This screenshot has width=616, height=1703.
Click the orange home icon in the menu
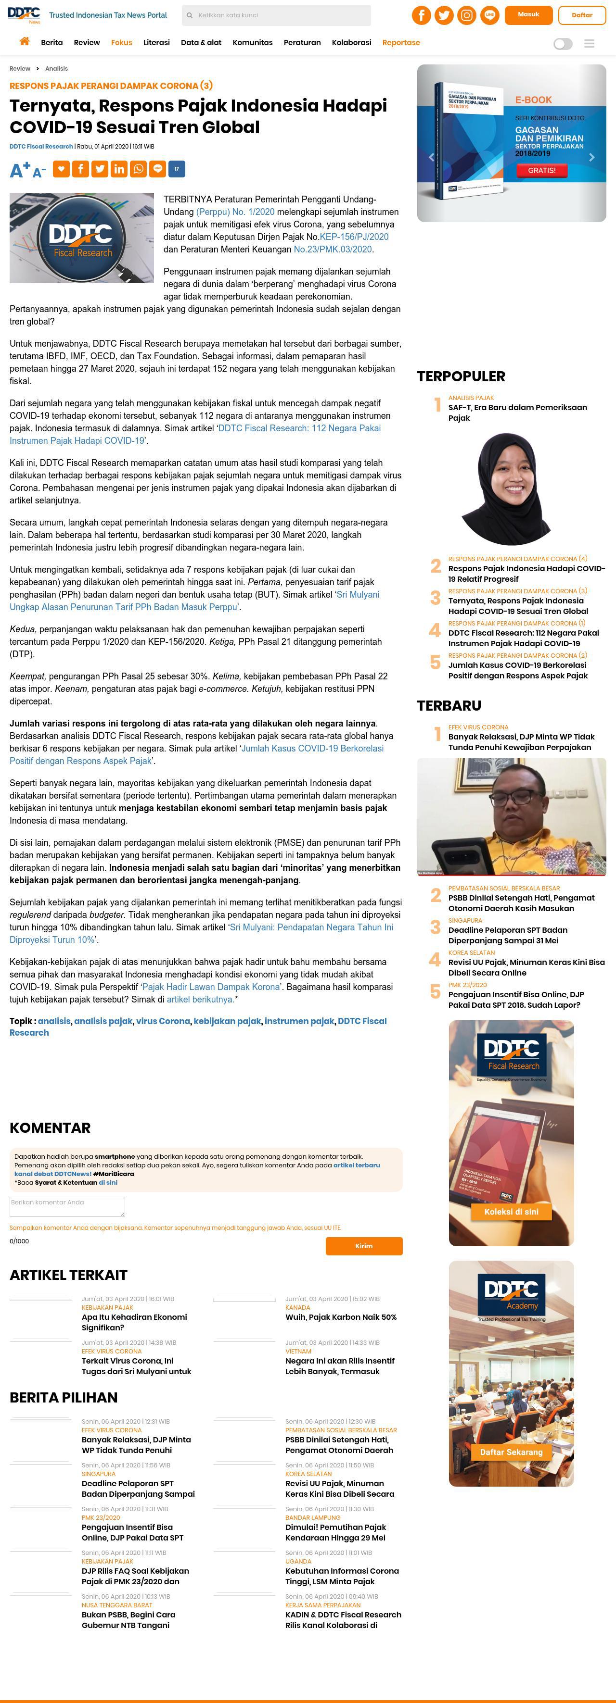point(25,42)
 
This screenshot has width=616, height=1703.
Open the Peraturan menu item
point(302,43)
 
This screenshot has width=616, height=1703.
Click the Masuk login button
point(528,14)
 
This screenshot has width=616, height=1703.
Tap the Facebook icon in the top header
point(422,15)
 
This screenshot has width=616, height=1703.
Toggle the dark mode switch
point(563,44)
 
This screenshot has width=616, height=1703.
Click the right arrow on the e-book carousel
point(591,157)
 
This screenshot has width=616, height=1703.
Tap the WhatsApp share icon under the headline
point(138,169)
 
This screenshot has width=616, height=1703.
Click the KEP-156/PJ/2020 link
point(354,237)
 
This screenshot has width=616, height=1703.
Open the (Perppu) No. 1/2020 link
point(235,212)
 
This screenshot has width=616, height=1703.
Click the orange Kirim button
point(363,1245)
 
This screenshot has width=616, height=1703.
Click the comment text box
point(67,1206)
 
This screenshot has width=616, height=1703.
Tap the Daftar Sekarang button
point(511,1452)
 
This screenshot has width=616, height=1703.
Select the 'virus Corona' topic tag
point(163,1021)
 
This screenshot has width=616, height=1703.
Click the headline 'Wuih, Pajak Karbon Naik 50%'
point(341,1317)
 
